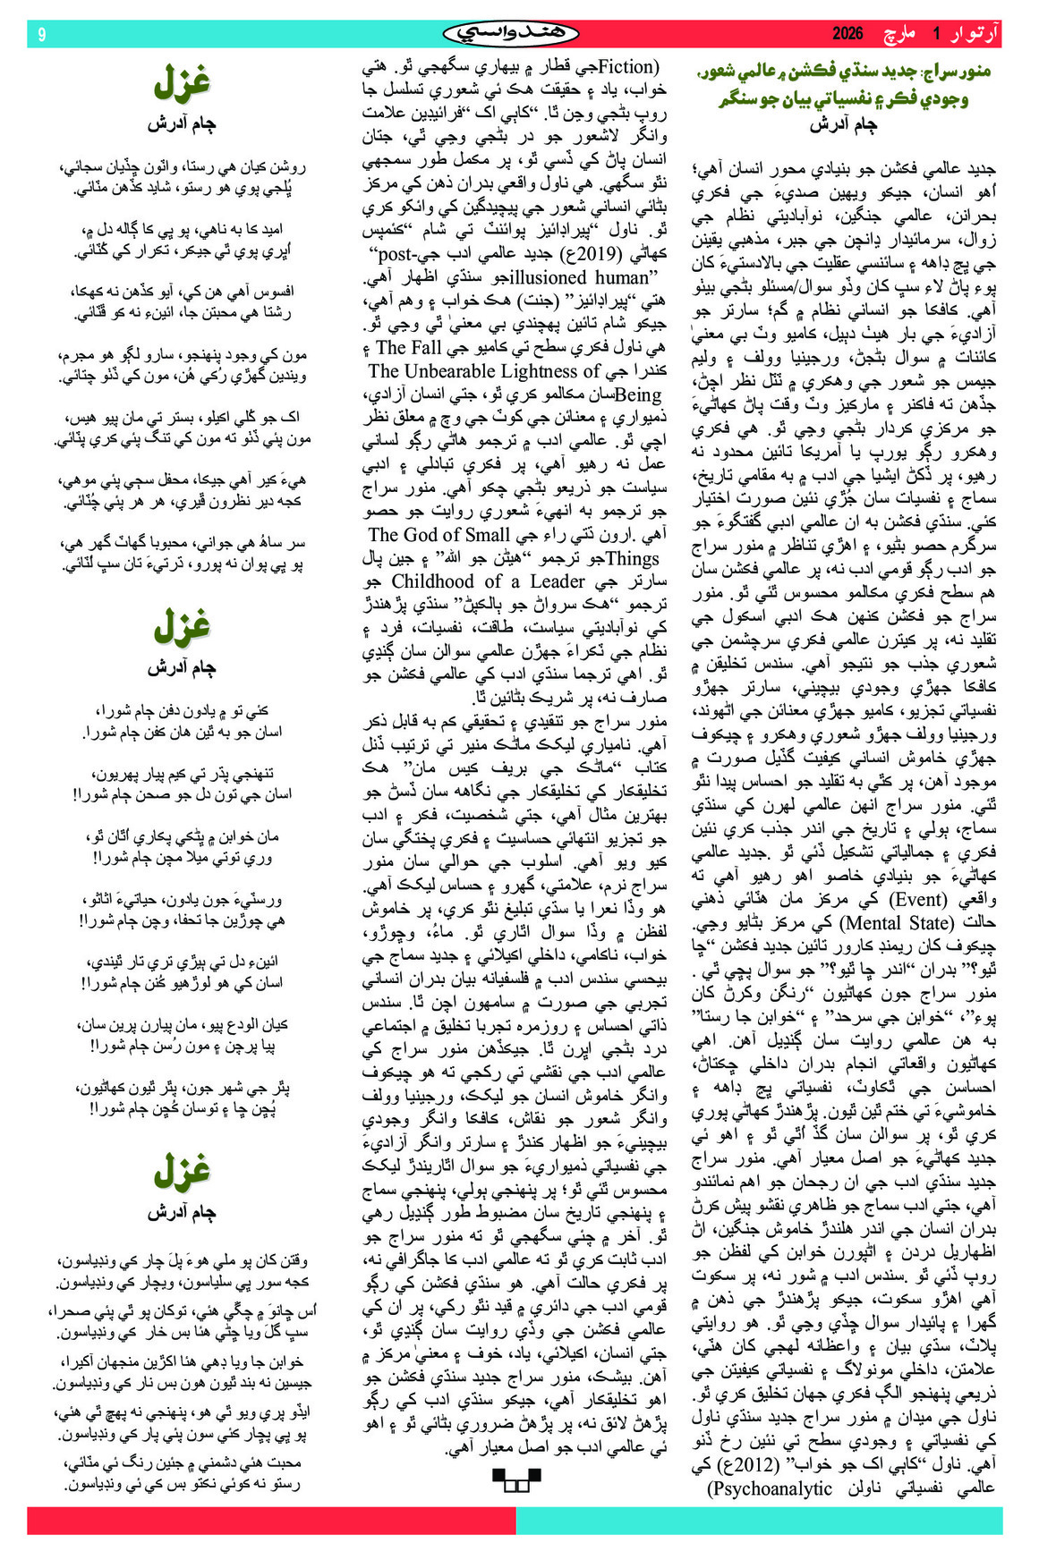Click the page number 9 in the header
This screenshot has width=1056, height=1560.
pos(41,34)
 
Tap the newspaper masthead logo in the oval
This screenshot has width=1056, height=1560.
pos(511,34)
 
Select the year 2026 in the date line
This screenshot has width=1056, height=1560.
pos(847,34)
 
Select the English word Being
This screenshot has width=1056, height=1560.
pos(640,394)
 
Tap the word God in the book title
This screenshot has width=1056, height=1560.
pos(448,535)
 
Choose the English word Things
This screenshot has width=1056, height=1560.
pos(633,558)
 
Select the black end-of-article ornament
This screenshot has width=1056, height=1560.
pos(516,1479)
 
